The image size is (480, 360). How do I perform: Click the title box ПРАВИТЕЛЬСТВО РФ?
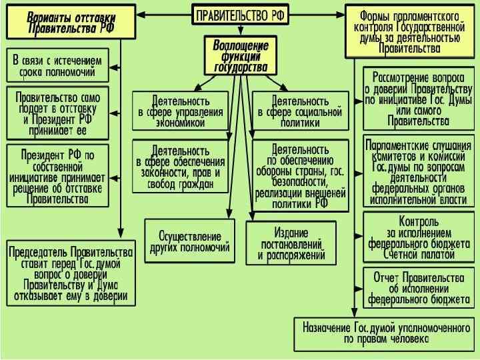tap(241, 15)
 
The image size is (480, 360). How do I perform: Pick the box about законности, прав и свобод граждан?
tap(180, 164)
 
